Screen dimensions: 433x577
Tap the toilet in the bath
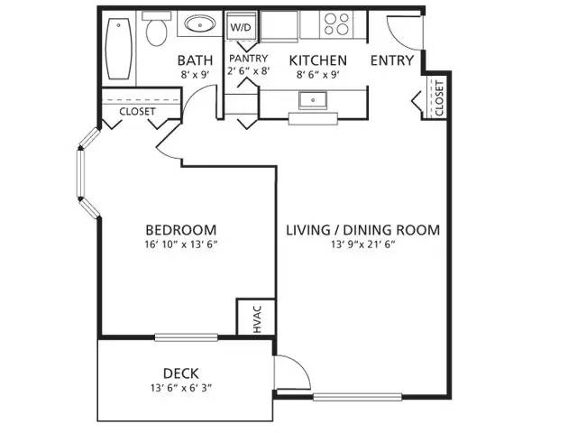tap(157, 32)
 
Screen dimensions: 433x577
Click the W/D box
tap(241, 28)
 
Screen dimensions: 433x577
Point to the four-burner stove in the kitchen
tap(338, 24)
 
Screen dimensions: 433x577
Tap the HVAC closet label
tap(256, 318)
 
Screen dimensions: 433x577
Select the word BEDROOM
tap(180, 229)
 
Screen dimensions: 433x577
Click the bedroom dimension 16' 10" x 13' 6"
tap(180, 244)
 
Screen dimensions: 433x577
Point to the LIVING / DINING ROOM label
tap(362, 230)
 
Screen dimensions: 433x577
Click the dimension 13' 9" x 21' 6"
tap(362, 244)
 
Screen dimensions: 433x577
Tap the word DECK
tap(180, 373)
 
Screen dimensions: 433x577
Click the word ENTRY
tap(392, 61)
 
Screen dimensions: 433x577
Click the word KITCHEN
tap(317, 61)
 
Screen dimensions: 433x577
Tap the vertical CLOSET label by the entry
tap(439, 97)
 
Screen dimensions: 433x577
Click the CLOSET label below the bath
tap(138, 112)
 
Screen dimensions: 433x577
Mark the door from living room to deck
tap(290, 372)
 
